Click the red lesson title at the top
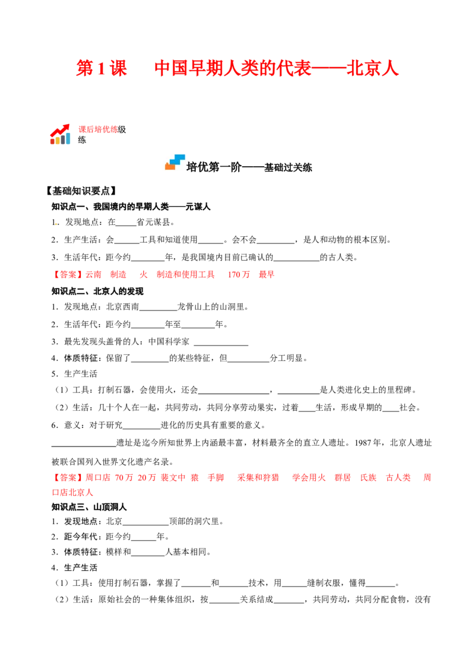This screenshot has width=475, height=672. coord(237,69)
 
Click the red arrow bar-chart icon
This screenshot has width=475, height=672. coord(60,134)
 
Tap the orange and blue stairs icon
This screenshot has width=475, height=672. coord(175,163)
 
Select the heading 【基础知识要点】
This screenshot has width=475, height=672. coord(81,191)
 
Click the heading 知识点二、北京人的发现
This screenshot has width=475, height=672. coord(97,291)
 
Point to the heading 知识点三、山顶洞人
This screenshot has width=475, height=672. coord(89,507)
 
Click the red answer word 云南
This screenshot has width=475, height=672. coord(93,274)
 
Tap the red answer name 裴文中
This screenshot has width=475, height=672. coord(173,477)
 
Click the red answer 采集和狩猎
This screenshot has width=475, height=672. coord(258,477)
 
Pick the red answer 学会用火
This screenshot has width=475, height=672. coord(309,477)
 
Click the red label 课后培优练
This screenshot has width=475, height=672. coord(98,129)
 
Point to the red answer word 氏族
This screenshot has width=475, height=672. coord(368,477)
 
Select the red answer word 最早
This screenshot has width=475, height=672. coord(266,274)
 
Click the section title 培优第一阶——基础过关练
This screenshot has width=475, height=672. coord(249,167)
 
